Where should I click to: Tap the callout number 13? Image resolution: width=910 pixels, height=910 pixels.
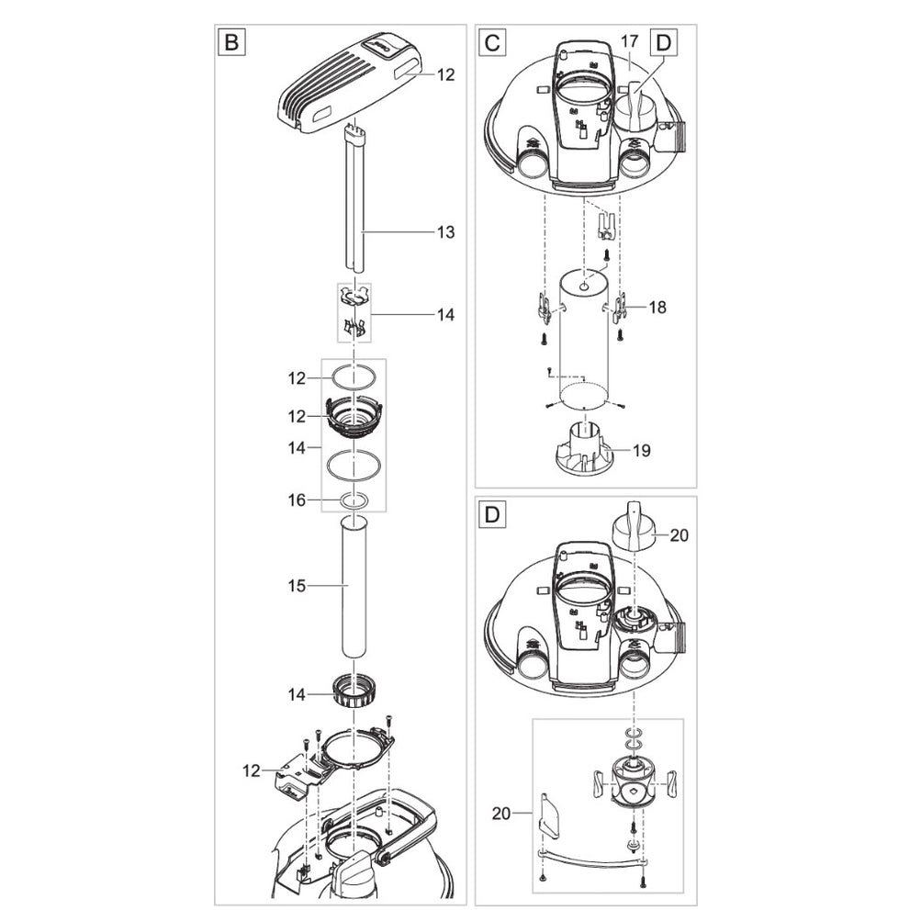pos(444,233)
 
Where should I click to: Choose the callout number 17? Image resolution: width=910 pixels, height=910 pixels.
pos(628,41)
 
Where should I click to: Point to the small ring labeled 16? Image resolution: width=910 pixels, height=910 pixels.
pos(354,500)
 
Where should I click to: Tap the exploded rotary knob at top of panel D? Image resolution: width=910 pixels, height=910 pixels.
pos(633,523)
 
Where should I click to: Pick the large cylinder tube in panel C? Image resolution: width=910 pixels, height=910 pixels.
pos(579,340)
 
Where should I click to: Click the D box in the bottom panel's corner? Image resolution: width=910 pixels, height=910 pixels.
pos(492,514)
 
